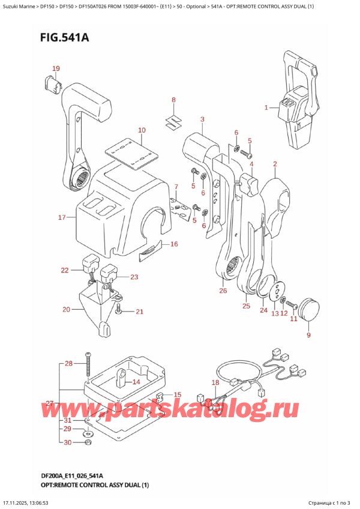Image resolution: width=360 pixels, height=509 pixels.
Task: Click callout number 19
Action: [x=56, y=68]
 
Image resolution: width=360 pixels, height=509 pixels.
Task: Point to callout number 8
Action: [x=173, y=100]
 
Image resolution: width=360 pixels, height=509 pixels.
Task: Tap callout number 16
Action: [x=174, y=244]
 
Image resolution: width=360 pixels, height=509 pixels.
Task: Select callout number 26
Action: [x=223, y=292]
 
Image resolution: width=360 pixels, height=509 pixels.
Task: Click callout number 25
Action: [x=246, y=307]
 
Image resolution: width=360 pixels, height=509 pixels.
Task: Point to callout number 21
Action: [x=139, y=312]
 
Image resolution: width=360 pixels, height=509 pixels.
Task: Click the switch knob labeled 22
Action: [x=91, y=263]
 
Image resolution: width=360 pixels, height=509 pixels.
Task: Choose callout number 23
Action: [x=134, y=277]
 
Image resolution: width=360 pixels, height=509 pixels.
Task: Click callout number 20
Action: [x=66, y=310]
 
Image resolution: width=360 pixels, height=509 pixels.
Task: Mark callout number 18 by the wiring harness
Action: [x=215, y=382]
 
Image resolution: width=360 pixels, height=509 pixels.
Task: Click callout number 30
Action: [x=68, y=442]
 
